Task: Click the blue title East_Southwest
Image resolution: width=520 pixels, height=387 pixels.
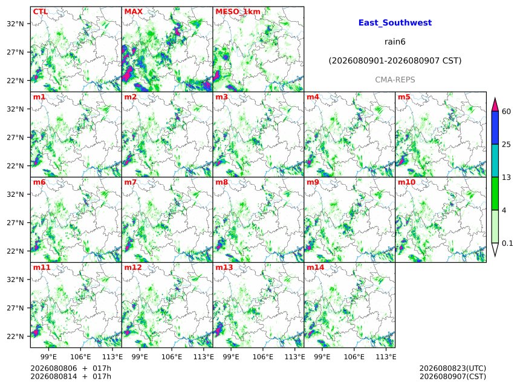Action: coord(395,22)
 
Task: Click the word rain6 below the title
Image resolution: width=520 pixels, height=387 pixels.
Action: coord(395,42)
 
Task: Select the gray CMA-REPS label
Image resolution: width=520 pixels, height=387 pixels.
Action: coord(395,80)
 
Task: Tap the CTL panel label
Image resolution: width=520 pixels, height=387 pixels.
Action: coord(40,11)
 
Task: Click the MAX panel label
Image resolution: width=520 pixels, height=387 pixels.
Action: coord(133,11)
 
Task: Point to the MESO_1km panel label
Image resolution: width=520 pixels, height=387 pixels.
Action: coord(238,12)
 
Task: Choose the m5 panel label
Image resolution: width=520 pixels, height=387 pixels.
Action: coord(404,97)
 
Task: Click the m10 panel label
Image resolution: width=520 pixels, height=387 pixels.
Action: coord(406,182)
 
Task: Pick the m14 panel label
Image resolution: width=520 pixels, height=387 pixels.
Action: coord(316,267)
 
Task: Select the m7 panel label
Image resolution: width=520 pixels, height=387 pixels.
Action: coord(131,182)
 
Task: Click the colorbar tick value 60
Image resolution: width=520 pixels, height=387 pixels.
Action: coord(506,111)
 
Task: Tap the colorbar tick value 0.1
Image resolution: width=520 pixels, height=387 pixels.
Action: coord(507,243)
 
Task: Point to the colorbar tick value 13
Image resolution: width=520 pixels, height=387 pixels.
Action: coord(506,178)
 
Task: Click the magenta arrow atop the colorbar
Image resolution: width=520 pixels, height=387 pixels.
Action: coord(495,104)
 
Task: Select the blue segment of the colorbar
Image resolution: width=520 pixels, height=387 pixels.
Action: coord(495,128)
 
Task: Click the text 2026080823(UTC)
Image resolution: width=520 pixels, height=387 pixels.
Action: coord(453,368)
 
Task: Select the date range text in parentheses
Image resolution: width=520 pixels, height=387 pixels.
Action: coord(395,61)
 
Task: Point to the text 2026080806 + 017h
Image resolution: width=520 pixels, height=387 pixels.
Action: coord(71,368)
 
